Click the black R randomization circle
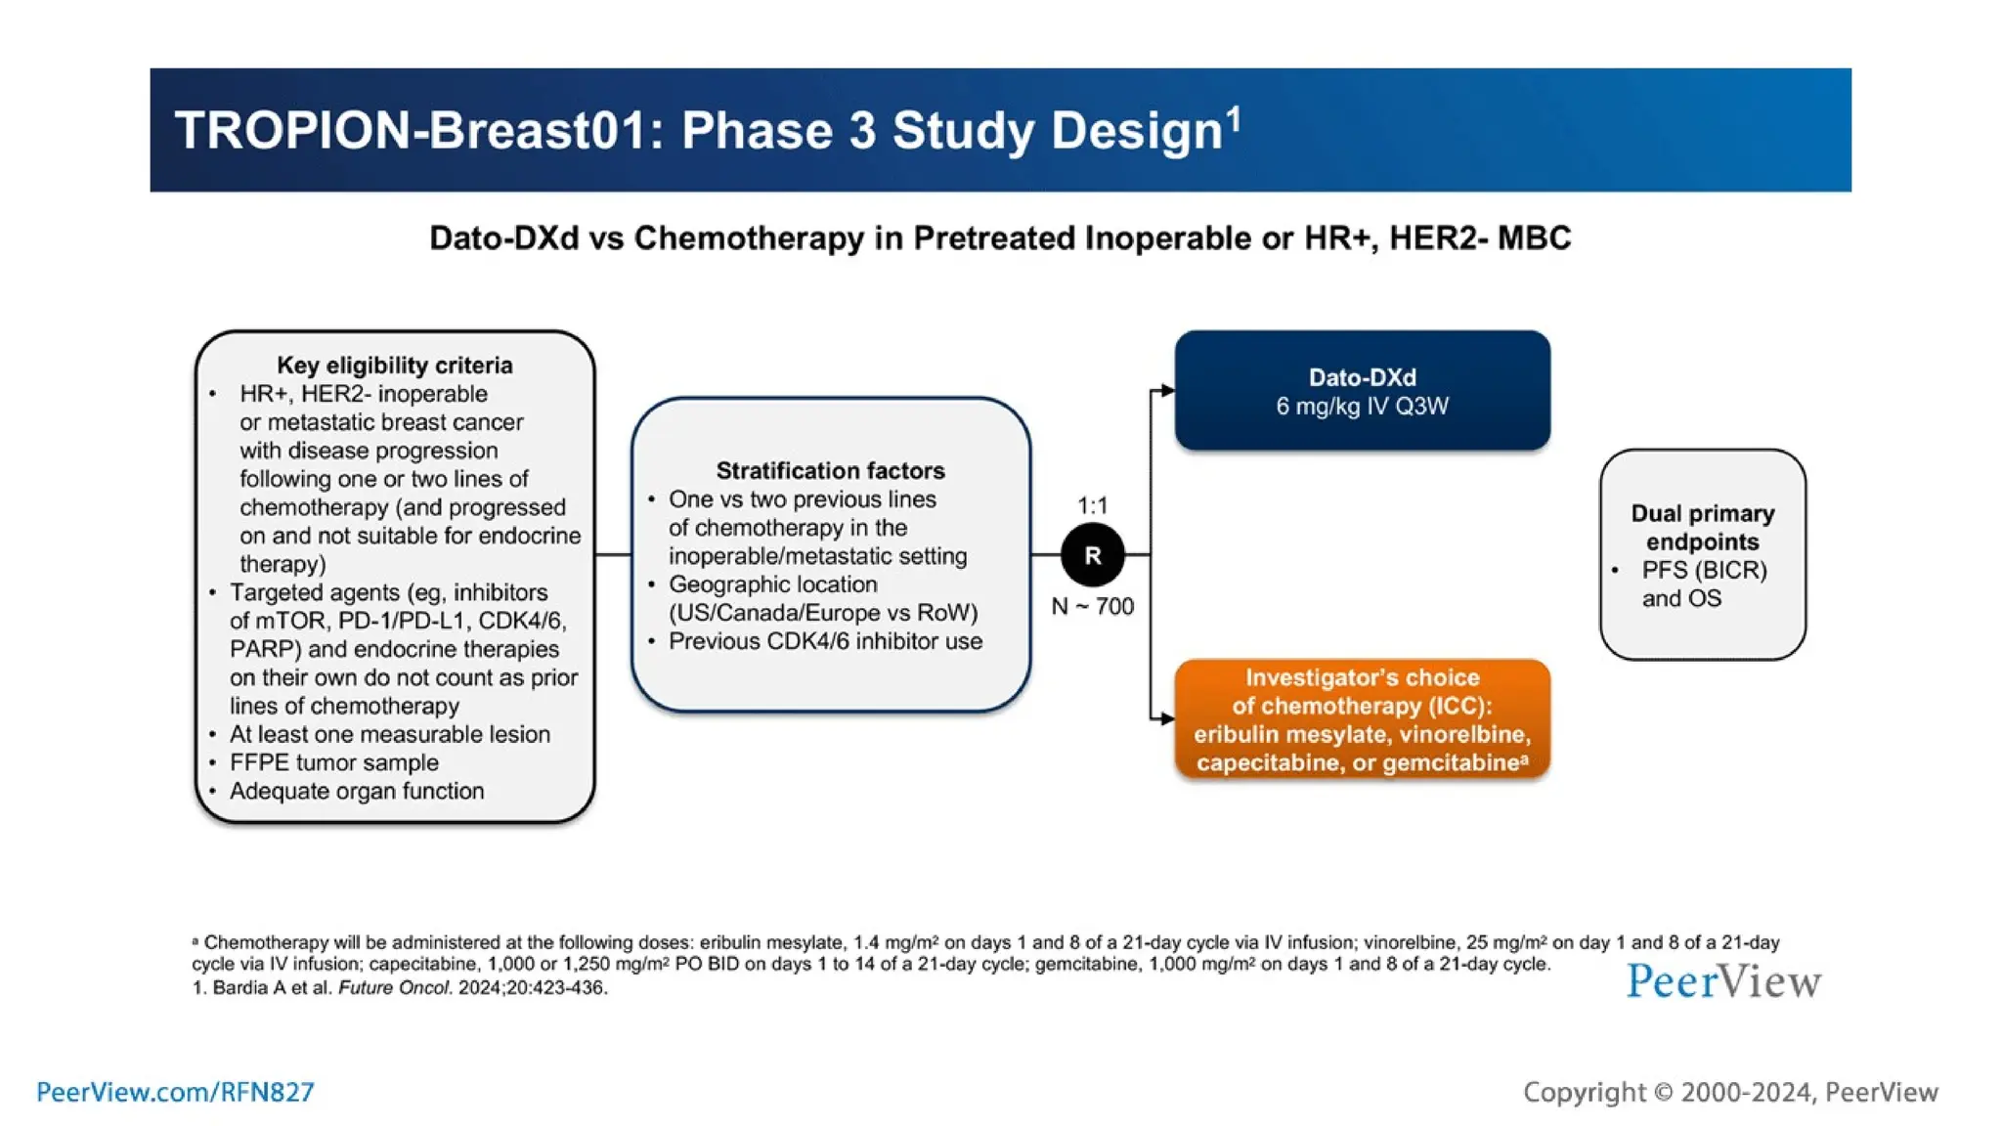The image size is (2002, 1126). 1092,555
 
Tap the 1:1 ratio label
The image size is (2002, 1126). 1092,505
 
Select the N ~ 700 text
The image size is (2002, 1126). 1092,606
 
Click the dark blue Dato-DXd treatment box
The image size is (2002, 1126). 1362,391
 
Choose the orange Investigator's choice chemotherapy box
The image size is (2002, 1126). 1362,719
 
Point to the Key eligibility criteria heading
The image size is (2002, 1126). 394,365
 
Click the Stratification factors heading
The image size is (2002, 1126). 830,470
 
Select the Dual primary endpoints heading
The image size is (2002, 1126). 1702,527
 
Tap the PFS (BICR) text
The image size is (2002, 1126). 1704,570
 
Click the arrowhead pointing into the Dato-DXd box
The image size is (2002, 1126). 1167,390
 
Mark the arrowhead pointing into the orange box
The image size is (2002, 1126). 1167,718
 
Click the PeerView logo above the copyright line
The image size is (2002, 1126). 1722,981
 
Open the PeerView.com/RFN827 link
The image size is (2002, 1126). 175,1092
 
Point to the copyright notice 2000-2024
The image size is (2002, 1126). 1730,1092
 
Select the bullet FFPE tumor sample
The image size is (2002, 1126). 333,762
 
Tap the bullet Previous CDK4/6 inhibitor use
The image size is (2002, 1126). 825,641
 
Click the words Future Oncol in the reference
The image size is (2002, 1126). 395,987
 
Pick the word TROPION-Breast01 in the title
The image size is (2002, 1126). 411,130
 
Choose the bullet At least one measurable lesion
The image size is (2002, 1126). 389,734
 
